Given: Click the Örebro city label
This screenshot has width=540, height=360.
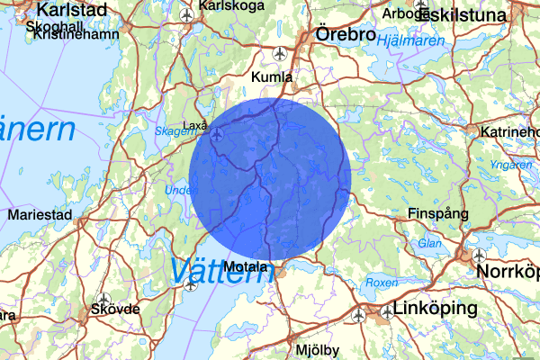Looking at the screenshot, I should point(346,34).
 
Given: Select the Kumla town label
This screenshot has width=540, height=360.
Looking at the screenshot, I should point(273,76).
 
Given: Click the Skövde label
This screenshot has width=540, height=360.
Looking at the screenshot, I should point(116,309).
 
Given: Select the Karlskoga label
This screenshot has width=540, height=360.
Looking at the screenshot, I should point(233,5).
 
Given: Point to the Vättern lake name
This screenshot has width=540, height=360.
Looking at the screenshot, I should point(220,270).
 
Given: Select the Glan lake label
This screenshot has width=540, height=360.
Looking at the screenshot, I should point(428,244).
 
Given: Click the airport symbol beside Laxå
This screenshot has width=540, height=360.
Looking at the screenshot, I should point(218,135).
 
